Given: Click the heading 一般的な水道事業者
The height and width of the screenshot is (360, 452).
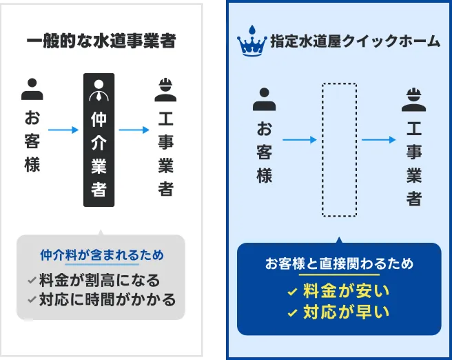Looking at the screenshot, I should tap(101, 41).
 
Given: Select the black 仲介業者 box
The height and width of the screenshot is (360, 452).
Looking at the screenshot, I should tap(99, 139).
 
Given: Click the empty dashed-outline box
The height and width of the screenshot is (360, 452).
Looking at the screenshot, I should tap(339, 149).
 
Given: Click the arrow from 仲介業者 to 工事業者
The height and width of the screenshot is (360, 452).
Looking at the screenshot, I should tap(134, 129).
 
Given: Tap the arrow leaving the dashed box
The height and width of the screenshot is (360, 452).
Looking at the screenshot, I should tap(378, 140).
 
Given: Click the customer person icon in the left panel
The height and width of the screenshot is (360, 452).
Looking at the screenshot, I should tap(32, 89).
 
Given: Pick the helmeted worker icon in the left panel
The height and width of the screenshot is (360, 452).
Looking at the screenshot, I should tap(165, 89).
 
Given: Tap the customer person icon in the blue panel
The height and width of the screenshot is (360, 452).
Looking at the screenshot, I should tap(264, 100).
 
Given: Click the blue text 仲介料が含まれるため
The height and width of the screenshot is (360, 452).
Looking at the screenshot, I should tap(102, 254).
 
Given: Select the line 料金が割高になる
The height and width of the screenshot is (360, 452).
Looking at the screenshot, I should tap(99, 281).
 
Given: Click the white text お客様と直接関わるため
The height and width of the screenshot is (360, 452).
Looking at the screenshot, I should tap(339, 263).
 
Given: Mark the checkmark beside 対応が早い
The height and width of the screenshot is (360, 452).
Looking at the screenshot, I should tap(292, 313).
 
